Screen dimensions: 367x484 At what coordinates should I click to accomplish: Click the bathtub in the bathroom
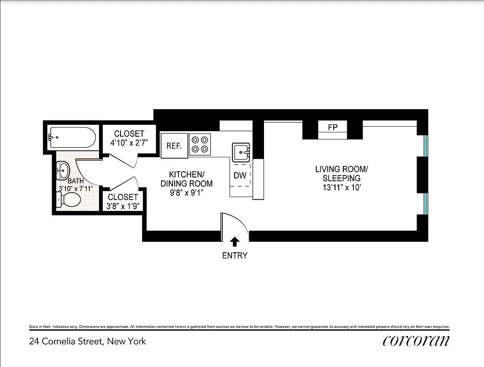pyautogui.click(x=72, y=137)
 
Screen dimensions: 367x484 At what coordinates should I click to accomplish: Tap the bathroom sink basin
pyautogui.click(x=63, y=170)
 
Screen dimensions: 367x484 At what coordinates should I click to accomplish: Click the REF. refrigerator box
pyautogui.click(x=174, y=146)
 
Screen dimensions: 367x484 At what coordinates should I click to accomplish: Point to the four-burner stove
pyautogui.click(x=200, y=145)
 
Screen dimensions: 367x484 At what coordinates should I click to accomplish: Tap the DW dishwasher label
pyautogui.click(x=240, y=176)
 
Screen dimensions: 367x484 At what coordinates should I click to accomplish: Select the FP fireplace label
pyautogui.click(x=333, y=127)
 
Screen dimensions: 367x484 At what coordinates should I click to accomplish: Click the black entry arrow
pyautogui.click(x=235, y=242)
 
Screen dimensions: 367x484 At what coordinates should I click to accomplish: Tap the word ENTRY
pyautogui.click(x=235, y=256)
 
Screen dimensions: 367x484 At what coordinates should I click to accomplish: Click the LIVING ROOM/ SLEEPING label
pyautogui.click(x=341, y=173)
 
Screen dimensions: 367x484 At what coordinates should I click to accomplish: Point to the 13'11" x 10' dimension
pyautogui.click(x=341, y=187)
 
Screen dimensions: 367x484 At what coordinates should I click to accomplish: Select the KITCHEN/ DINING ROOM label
pyautogui.click(x=186, y=179)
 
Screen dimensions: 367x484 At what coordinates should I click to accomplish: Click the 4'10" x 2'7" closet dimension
pyautogui.click(x=129, y=143)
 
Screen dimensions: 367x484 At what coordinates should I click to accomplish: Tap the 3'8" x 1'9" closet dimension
pyautogui.click(x=123, y=206)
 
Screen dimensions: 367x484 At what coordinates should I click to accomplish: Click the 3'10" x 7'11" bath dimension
pyautogui.click(x=75, y=189)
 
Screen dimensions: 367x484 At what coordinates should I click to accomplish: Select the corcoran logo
pyautogui.click(x=415, y=340)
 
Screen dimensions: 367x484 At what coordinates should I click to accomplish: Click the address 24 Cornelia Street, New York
pyautogui.click(x=88, y=341)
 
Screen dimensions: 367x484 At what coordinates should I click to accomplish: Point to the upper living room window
pyautogui.click(x=426, y=145)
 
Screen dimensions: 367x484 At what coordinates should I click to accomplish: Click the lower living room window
pyautogui.click(x=426, y=204)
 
